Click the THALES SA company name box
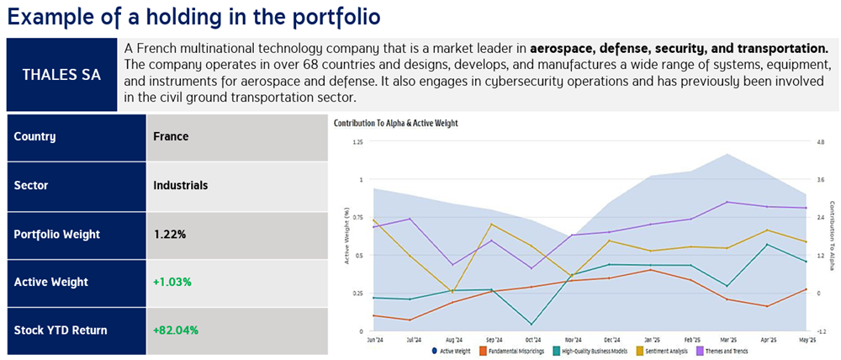(61, 74)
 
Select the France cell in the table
(171, 136)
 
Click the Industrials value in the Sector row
(180, 185)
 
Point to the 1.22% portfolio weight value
(170, 234)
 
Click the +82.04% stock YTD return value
(177, 331)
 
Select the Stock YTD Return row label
(61, 331)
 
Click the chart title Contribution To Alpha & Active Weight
(395, 124)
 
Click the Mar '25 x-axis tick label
(727, 340)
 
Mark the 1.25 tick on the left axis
(357, 142)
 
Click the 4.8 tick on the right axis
(821, 142)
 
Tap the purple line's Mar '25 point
(727, 202)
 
